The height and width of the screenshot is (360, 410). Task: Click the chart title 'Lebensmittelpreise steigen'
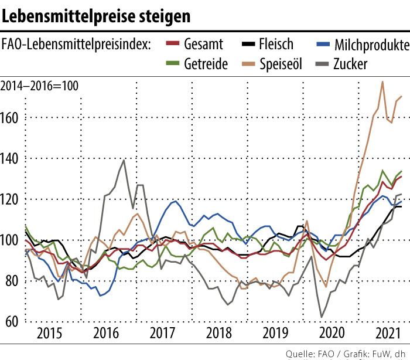(x=96, y=16)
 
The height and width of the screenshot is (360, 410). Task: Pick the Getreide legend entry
(x=206, y=63)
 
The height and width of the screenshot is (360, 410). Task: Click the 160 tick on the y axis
(x=12, y=118)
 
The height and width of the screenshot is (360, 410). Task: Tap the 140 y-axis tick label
(x=12, y=158)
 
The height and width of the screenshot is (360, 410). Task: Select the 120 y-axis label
(x=12, y=199)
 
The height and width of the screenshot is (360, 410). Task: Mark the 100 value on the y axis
(x=12, y=240)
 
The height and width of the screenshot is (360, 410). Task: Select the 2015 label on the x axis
(x=49, y=335)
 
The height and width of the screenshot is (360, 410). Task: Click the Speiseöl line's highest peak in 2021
(x=382, y=81)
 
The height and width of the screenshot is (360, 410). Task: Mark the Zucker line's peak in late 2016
(x=124, y=159)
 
